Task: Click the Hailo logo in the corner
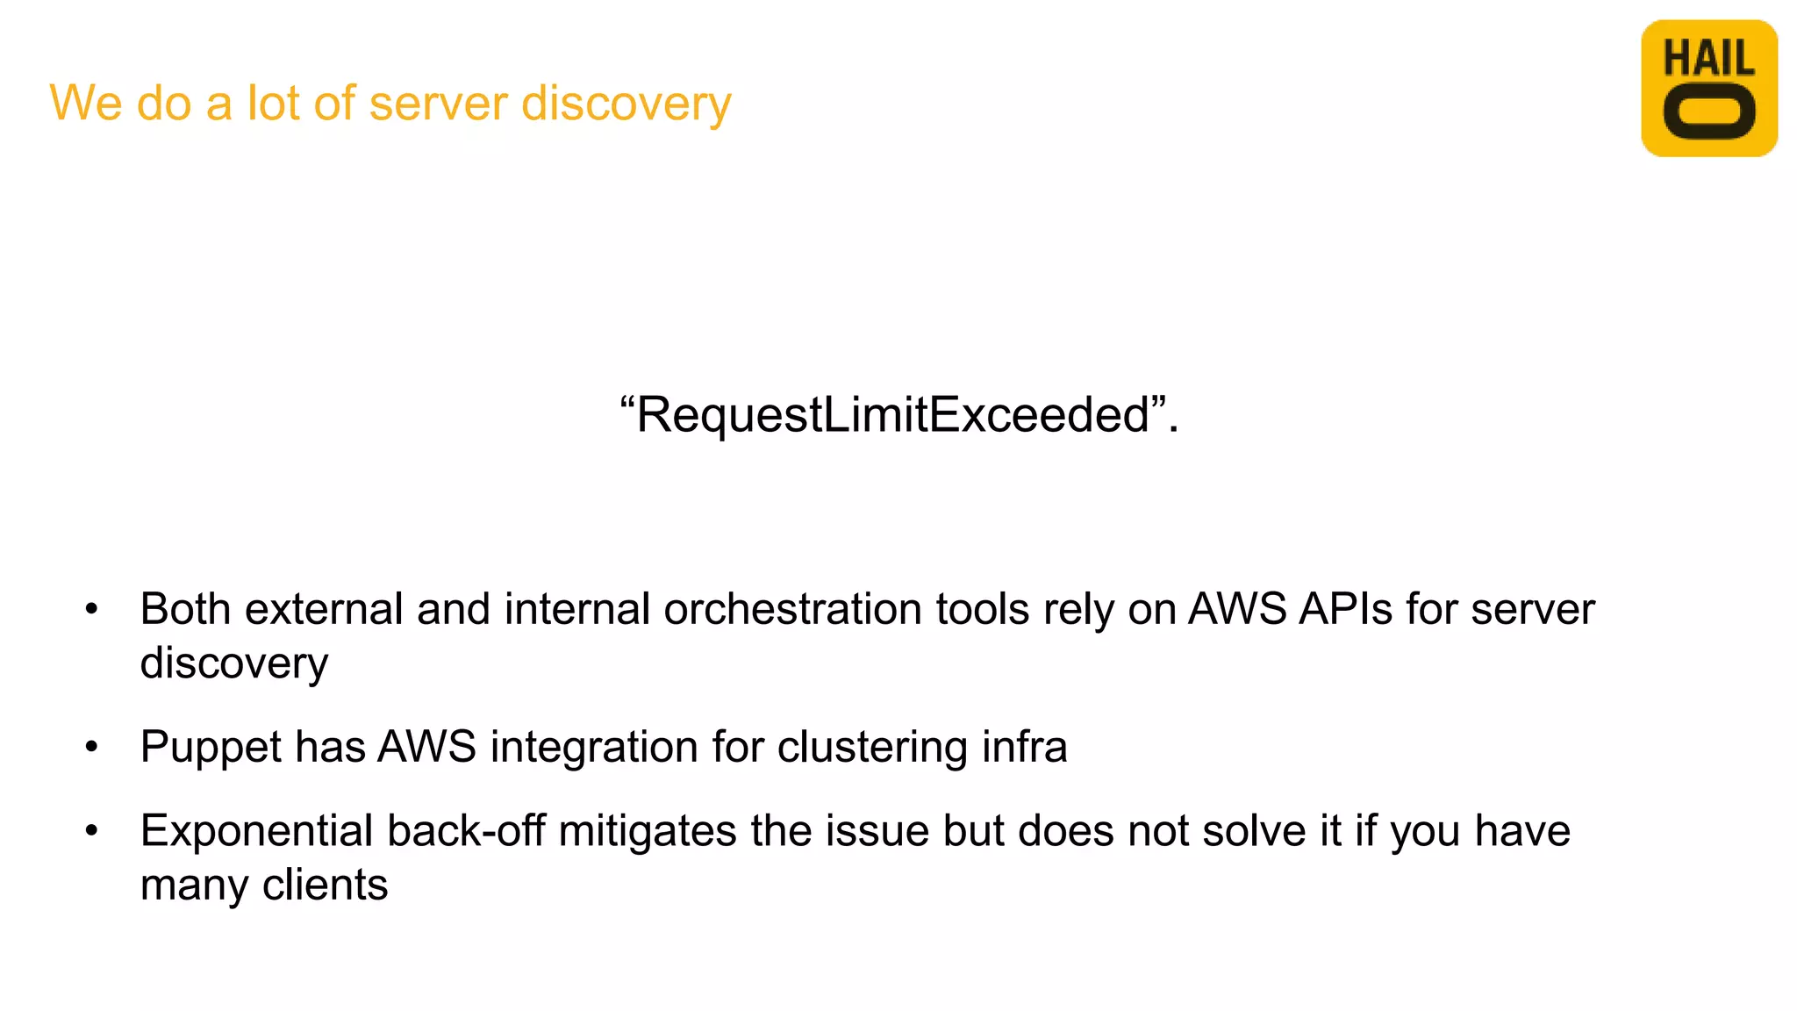[x=1708, y=88]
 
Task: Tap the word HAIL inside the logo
[x=1708, y=59]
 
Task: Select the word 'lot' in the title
[x=273, y=103]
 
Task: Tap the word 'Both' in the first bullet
[x=184, y=609]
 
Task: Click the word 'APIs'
[x=1345, y=609]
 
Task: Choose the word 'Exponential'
[x=256, y=831]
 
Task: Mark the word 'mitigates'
[x=647, y=831]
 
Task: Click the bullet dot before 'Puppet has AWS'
[x=92, y=748]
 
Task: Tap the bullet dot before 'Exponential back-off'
[x=92, y=831]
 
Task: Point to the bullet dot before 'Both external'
[x=92, y=610]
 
